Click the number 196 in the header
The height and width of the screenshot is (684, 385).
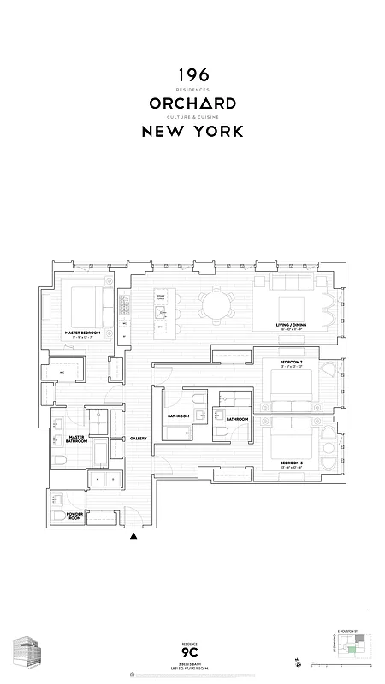click(x=192, y=76)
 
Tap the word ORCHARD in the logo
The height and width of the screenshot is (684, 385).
click(x=192, y=103)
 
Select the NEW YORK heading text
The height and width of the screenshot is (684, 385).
click(x=192, y=132)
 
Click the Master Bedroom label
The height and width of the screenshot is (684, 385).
click(x=84, y=332)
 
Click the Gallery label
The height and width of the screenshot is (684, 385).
click(x=139, y=439)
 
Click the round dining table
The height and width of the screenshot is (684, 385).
click(x=216, y=305)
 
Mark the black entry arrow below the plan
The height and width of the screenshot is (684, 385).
click(x=133, y=537)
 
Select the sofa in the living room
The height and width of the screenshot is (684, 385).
click(x=290, y=282)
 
